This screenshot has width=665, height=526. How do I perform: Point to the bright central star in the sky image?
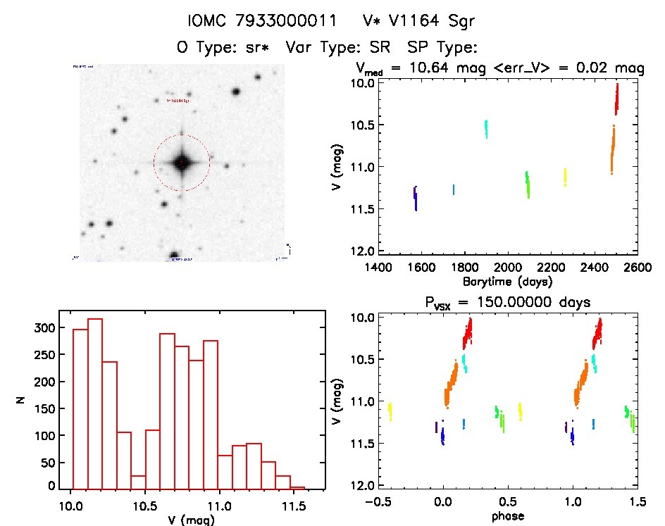tap(181, 163)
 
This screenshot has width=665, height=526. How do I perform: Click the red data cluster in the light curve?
tap(616, 99)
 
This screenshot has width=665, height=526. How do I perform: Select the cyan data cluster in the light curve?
tap(486, 129)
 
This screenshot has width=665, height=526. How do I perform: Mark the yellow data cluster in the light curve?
tap(565, 177)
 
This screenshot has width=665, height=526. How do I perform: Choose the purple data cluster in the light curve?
tap(416, 198)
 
